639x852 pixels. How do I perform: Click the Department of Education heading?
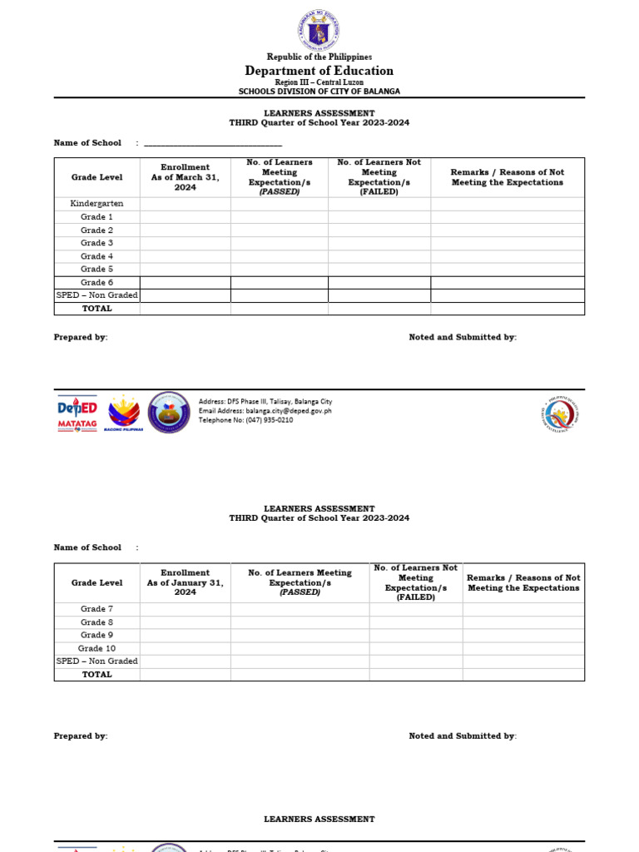coord(319,71)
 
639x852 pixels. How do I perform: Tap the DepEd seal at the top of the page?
coord(319,32)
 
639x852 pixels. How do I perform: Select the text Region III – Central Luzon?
coord(319,82)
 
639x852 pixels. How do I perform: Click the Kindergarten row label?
coord(97,204)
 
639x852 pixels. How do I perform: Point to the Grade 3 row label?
coord(97,243)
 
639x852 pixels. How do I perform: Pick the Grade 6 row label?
coord(97,282)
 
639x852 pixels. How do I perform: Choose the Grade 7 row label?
coord(97,609)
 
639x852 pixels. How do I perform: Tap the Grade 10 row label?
coord(97,648)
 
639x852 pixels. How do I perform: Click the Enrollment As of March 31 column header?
coord(185,177)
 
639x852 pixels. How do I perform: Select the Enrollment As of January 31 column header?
coord(185,582)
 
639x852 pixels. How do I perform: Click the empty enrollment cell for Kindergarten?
coord(185,204)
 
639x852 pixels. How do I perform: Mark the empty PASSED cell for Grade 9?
coord(300,635)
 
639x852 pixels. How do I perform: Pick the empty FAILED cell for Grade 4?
coord(379,256)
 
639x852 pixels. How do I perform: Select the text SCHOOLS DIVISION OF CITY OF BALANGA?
coord(319,92)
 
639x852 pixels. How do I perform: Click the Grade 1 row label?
coord(97,217)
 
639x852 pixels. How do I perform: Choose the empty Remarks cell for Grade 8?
coord(523,622)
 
